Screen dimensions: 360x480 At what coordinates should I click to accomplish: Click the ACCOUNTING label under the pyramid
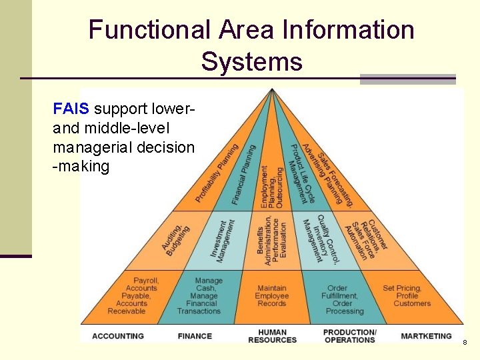pyautogui.click(x=118, y=336)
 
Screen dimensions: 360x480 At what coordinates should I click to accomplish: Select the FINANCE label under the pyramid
pyautogui.click(x=195, y=336)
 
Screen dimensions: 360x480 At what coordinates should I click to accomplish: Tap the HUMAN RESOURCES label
pyautogui.click(x=272, y=336)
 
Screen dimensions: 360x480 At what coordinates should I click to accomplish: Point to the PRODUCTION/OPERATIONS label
pyautogui.click(x=349, y=336)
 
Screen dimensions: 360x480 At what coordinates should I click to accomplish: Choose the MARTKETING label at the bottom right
pyautogui.click(x=426, y=336)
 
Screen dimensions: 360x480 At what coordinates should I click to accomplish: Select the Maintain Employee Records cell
pyautogui.click(x=272, y=296)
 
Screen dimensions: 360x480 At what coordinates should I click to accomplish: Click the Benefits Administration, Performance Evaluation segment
pyautogui.click(x=273, y=240)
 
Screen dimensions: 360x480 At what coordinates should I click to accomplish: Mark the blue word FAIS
pyautogui.click(x=71, y=108)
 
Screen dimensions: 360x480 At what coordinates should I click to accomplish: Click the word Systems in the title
pyautogui.click(x=251, y=62)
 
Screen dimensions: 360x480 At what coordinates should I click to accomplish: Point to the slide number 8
pyautogui.click(x=464, y=342)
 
